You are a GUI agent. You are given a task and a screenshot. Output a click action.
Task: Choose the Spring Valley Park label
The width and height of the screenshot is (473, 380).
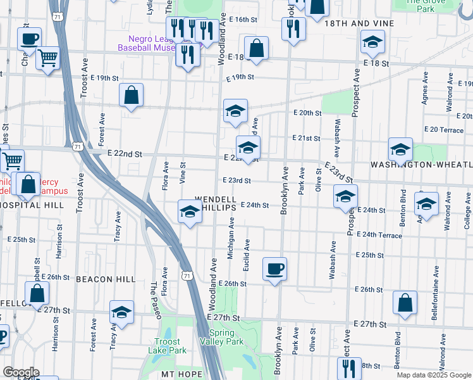226,337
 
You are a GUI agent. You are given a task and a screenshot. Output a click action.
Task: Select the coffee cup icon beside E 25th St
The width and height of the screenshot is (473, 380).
274,269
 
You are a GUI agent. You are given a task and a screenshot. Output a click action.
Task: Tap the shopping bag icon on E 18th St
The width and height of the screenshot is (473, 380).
256,48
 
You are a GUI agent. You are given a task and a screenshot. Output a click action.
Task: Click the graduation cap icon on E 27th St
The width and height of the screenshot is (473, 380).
121,312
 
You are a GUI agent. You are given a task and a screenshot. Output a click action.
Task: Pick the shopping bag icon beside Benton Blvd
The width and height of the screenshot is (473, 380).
405,303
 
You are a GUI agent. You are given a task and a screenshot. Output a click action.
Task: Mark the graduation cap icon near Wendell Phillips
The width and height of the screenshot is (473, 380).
190,212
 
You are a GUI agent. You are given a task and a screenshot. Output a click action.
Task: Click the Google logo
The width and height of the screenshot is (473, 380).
21,372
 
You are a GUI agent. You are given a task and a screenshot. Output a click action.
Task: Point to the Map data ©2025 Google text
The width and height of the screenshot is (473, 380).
433,375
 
